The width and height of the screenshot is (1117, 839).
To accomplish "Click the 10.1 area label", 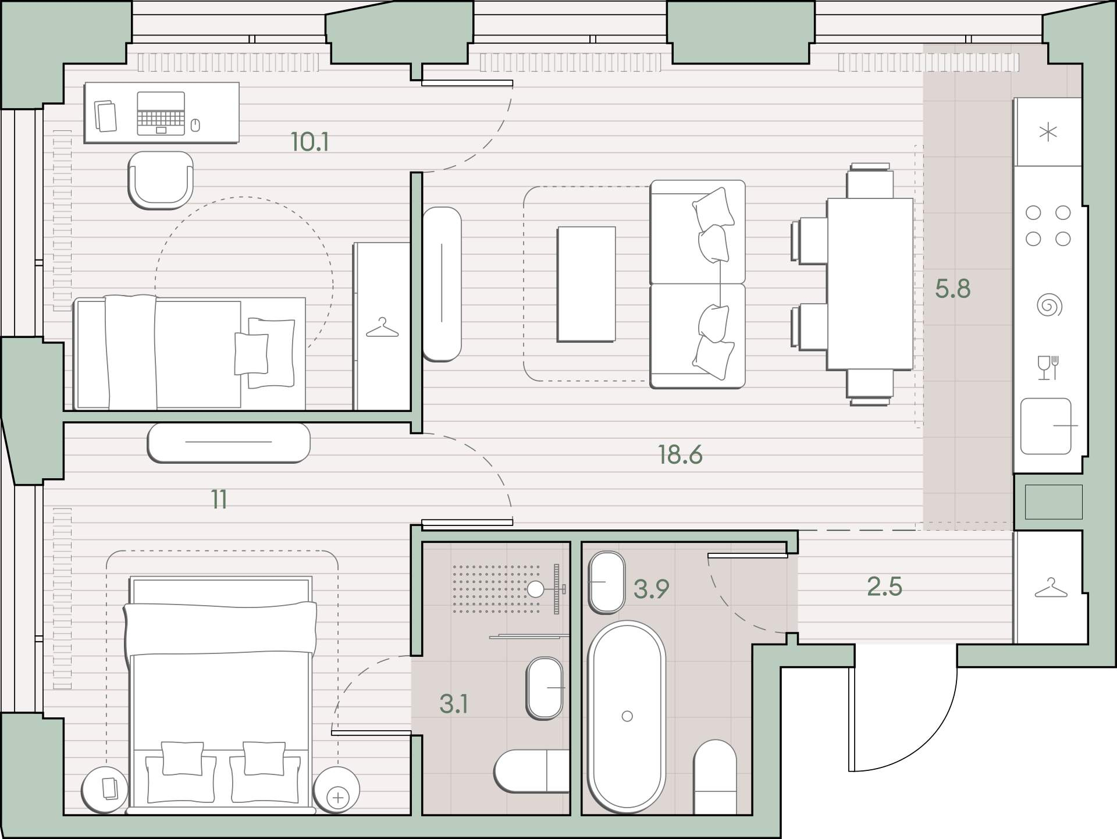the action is click(x=310, y=142).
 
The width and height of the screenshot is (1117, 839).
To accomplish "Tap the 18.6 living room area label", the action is click(x=680, y=454).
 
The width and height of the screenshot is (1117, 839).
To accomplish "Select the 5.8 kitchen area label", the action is click(x=953, y=289).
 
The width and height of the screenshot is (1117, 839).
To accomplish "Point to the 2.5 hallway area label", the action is click(x=884, y=587).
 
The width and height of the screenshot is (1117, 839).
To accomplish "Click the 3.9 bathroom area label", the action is click(x=651, y=589).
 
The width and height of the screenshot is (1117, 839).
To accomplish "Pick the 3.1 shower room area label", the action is click(x=454, y=704).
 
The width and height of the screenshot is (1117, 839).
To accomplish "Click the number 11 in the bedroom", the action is click(x=219, y=499).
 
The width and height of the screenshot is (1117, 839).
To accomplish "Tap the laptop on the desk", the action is click(x=161, y=113).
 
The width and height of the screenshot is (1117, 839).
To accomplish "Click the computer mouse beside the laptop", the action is click(x=195, y=125).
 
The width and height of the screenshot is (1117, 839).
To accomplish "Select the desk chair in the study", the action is click(x=161, y=180).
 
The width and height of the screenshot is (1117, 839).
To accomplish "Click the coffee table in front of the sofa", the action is click(x=586, y=284).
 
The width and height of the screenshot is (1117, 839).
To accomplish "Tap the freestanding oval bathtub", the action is click(x=627, y=717).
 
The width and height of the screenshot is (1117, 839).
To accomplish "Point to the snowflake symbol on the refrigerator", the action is click(x=1048, y=133).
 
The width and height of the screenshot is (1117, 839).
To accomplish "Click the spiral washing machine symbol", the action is click(x=1049, y=305).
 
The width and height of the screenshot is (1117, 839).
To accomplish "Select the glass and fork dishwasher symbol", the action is click(x=1048, y=368).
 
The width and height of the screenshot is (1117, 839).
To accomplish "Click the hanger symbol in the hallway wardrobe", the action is click(x=1051, y=588).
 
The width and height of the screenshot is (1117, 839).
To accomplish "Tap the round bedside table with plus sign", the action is click(x=336, y=790).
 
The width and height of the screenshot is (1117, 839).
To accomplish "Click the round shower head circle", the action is click(x=535, y=590).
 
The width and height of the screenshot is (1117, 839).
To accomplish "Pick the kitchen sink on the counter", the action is click(x=1046, y=426).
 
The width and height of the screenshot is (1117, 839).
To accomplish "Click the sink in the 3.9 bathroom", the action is click(x=607, y=582).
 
